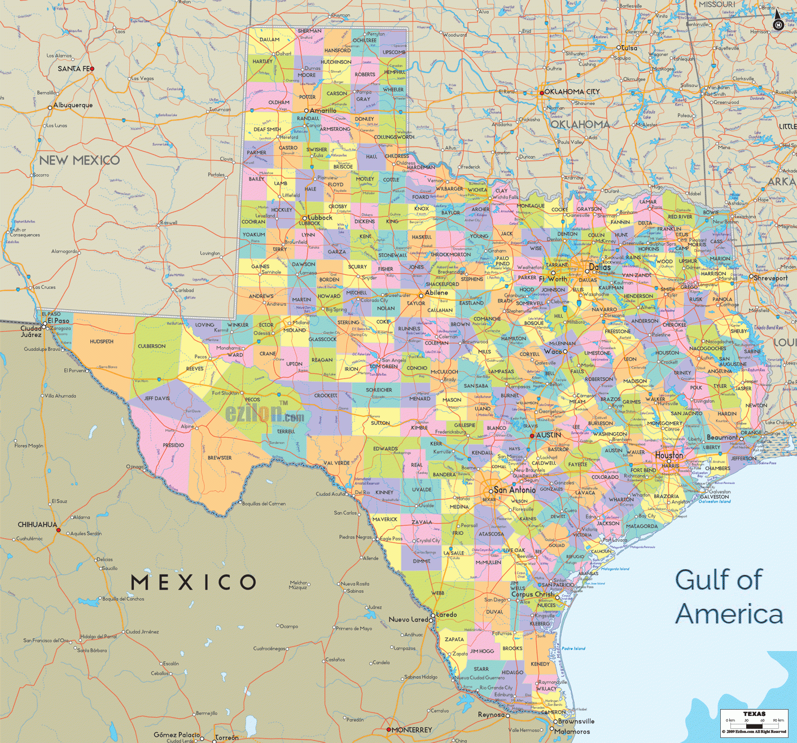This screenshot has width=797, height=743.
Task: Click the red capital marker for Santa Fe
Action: [x=92, y=69]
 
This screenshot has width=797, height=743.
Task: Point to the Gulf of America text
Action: [x=729, y=597]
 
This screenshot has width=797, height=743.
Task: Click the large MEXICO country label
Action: [x=194, y=582]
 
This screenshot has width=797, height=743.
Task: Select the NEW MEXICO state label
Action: [x=80, y=160]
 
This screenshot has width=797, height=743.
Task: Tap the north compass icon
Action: [x=778, y=21]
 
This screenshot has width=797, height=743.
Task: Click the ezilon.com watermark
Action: [x=265, y=414]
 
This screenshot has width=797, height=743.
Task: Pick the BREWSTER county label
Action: [x=220, y=458]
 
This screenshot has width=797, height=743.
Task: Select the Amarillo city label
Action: [x=323, y=111]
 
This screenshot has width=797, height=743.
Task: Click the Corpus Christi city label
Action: [x=533, y=594]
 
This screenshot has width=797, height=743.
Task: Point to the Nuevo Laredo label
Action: [x=408, y=619]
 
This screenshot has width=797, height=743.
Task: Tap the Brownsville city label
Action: [x=576, y=721]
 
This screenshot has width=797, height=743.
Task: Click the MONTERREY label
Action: [x=411, y=729]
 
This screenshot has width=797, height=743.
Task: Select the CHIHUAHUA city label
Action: [x=37, y=524]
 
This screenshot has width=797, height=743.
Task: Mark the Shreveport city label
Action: [x=770, y=278]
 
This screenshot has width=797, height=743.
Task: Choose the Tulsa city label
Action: [x=629, y=48]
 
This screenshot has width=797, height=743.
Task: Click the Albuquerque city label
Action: [x=73, y=105]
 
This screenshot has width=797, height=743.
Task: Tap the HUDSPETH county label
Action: [x=102, y=341]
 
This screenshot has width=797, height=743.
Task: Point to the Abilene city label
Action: [x=436, y=292]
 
